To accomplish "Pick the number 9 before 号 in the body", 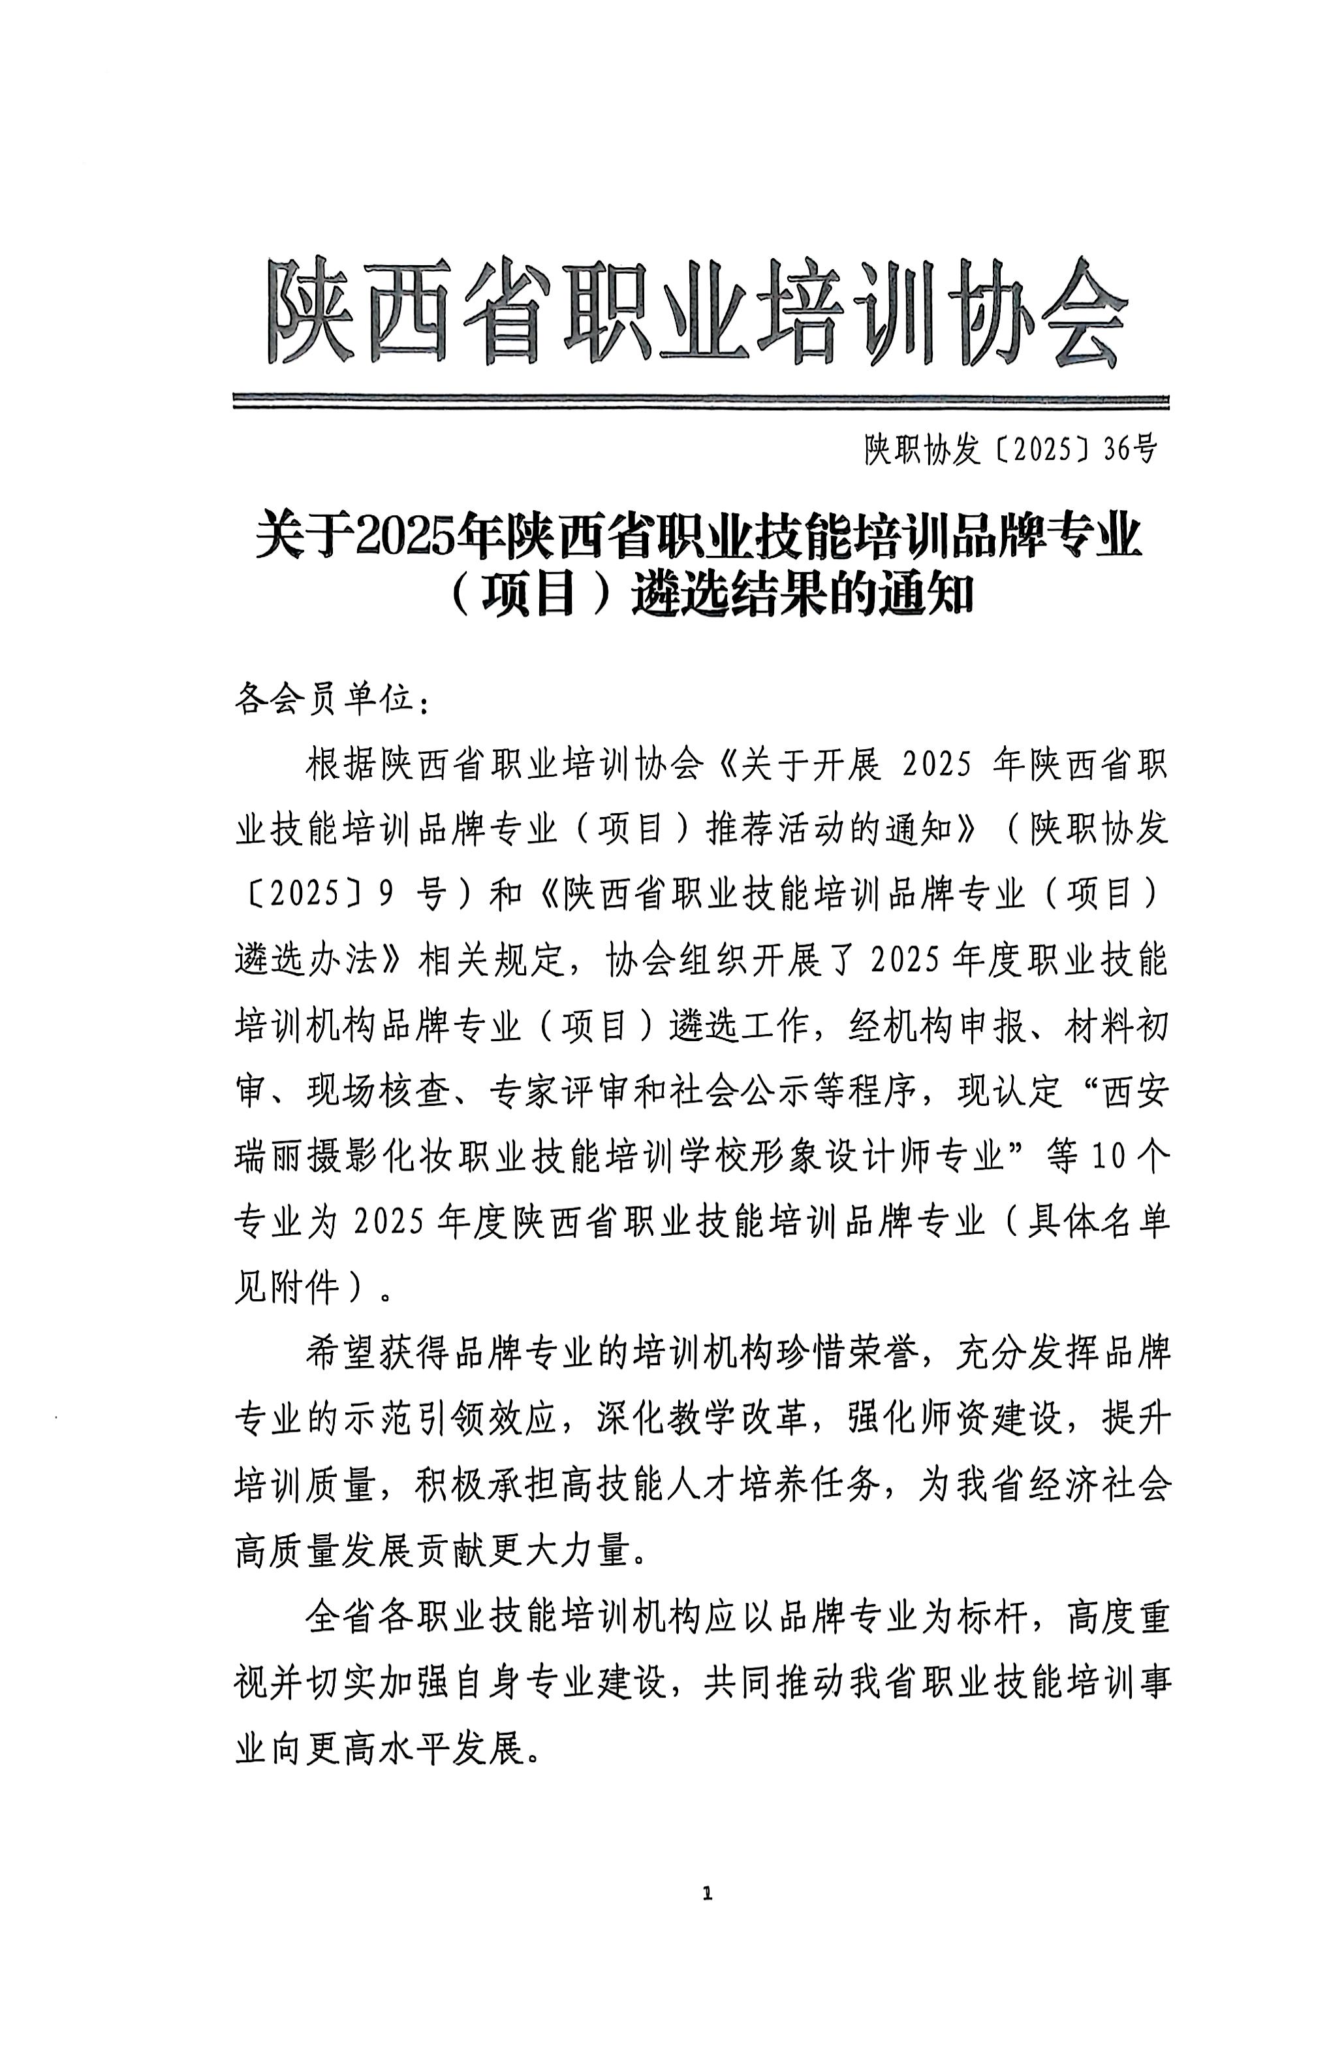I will (x=385, y=894).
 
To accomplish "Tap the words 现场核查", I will (x=380, y=1091).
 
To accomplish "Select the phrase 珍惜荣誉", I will (x=850, y=1355).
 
